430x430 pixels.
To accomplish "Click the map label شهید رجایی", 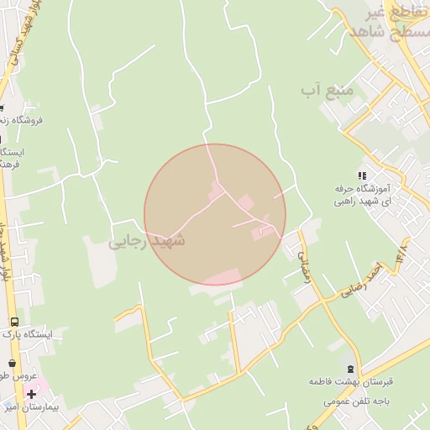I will click(x=146, y=241).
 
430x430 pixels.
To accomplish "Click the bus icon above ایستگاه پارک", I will click(x=14, y=322).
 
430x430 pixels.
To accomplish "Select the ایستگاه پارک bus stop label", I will click(x=28, y=334).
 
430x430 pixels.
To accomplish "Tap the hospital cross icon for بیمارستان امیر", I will click(x=31, y=394).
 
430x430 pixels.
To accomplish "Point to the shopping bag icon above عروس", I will click(x=12, y=364).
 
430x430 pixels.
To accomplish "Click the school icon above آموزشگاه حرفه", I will click(x=362, y=176).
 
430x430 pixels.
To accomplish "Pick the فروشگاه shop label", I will click(x=24, y=120).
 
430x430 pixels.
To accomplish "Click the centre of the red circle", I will click(x=215, y=215).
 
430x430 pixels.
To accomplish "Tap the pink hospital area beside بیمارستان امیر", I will click(x=40, y=385).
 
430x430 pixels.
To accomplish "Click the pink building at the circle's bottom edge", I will click(x=220, y=278).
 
